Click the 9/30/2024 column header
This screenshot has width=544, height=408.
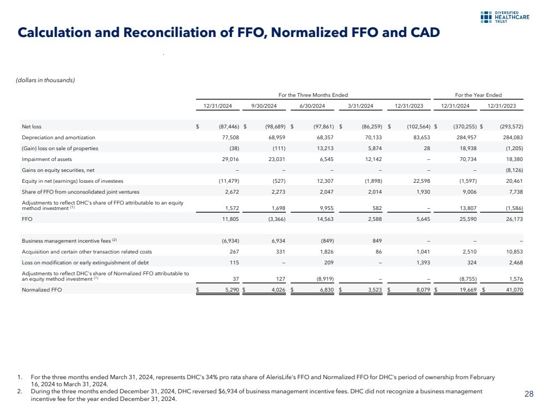(x=264, y=106)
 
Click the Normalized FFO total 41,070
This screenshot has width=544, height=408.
(x=512, y=290)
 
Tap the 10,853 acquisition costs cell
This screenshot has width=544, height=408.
(x=512, y=251)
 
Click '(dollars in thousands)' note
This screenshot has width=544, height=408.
(x=46, y=81)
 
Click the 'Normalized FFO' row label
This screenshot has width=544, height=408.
(x=41, y=290)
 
